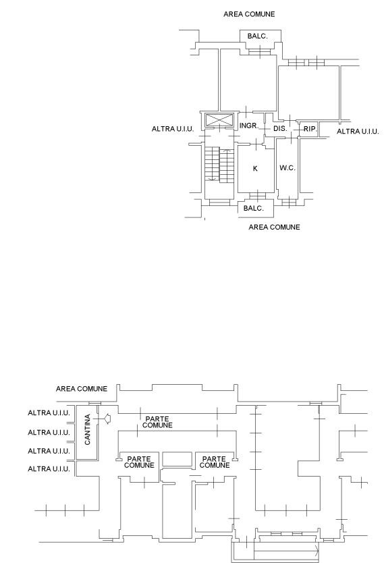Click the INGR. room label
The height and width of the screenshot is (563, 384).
pyautogui.click(x=249, y=126)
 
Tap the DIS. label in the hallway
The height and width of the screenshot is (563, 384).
pyautogui.click(x=280, y=128)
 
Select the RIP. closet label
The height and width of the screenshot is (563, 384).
pyautogui.click(x=310, y=128)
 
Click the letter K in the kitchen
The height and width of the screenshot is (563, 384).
pyautogui.click(x=255, y=168)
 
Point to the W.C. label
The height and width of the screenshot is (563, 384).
pyautogui.click(x=287, y=167)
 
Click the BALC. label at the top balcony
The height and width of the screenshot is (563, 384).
pyautogui.click(x=257, y=36)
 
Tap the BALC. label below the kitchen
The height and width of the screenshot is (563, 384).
pyautogui.click(x=253, y=208)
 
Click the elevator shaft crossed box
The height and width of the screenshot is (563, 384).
pyautogui.click(x=219, y=120)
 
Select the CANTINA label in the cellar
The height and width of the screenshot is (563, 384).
pyautogui.click(x=88, y=430)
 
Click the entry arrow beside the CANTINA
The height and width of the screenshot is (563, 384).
pyautogui.click(x=107, y=419)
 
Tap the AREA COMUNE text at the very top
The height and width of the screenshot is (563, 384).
pyautogui.click(x=249, y=14)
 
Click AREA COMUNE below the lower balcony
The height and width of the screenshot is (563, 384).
pyautogui.click(x=274, y=227)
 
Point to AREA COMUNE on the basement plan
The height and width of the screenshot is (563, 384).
pyautogui.click(x=82, y=389)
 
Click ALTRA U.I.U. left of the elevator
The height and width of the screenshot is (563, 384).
pyautogui.click(x=173, y=129)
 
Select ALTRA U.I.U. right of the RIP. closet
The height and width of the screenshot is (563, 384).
pyautogui.click(x=358, y=132)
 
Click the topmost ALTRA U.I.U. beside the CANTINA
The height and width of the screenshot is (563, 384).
pyautogui.click(x=49, y=413)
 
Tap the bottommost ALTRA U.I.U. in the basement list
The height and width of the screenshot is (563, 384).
pyautogui.click(x=49, y=468)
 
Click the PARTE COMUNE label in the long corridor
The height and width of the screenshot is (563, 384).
pyautogui.click(x=157, y=422)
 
